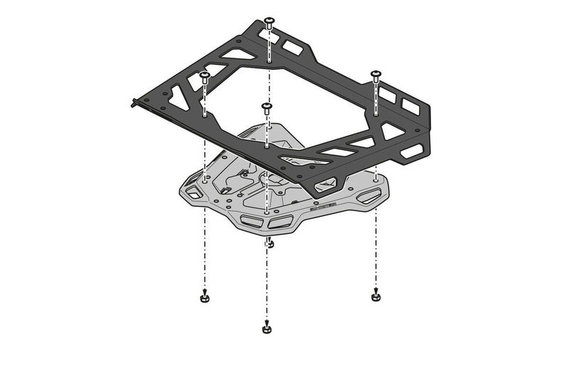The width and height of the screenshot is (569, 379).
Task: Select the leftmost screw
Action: [x=204, y=75]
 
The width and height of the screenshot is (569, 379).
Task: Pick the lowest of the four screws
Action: [x=266, y=108]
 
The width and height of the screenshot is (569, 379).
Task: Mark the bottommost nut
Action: [x=266, y=329]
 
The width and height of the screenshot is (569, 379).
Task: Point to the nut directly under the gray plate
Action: [x=270, y=245]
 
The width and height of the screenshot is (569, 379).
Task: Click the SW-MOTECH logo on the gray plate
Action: [x=326, y=210]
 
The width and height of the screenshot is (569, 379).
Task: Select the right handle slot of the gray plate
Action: [x=368, y=196]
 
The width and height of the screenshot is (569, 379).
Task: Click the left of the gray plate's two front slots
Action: [x=251, y=220]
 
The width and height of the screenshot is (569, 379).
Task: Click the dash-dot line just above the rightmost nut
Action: [x=376, y=263]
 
